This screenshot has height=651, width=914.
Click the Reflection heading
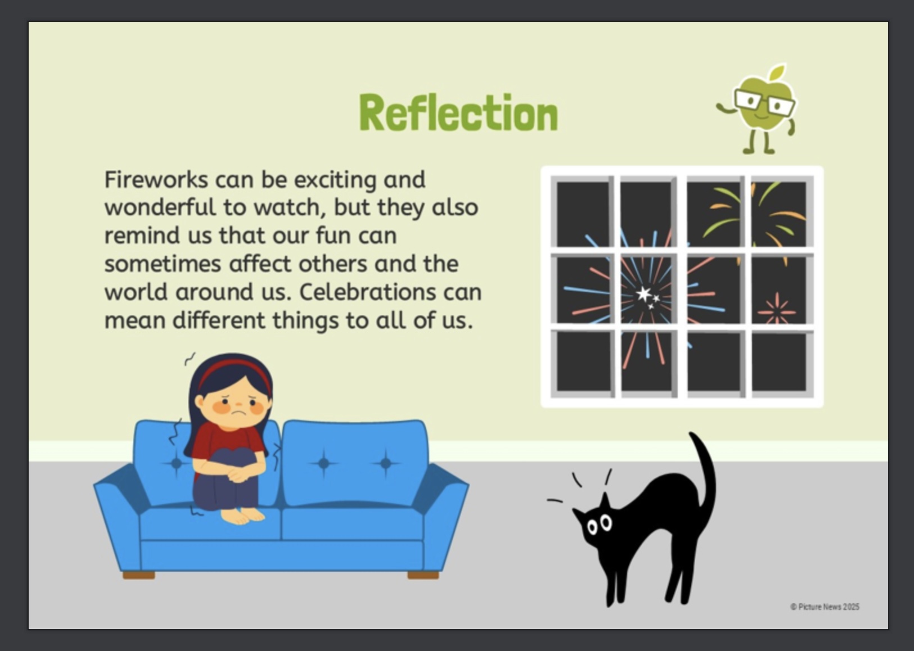click(x=458, y=112)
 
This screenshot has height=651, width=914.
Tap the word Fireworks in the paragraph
click(x=156, y=179)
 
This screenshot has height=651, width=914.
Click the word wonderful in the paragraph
click(x=160, y=207)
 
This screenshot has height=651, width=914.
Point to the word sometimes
click(x=163, y=264)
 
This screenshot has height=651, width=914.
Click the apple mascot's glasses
click(x=764, y=103)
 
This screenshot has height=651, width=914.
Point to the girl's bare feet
click(x=242, y=516)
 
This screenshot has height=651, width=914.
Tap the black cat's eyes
click(x=599, y=525)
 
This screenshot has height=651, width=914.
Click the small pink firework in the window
click(x=777, y=310)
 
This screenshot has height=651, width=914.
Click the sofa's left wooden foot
click(x=139, y=575)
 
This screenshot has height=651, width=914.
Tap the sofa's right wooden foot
click(x=423, y=575)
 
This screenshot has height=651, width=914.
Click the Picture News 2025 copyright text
click(x=825, y=607)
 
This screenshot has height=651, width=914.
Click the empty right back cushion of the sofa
click(x=355, y=463)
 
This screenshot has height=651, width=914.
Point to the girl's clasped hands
click(x=238, y=474)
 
